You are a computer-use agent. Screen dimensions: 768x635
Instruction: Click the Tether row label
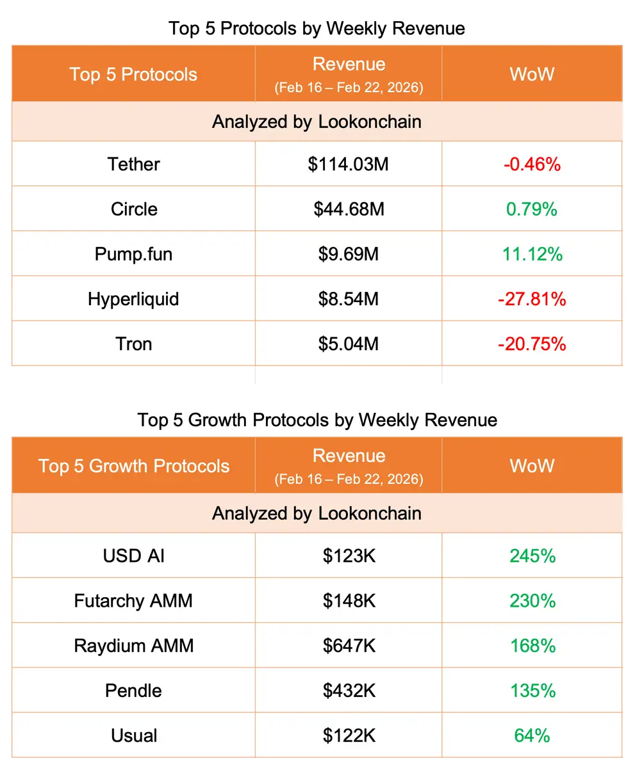pyautogui.click(x=133, y=164)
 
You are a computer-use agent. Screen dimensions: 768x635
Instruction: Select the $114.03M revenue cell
pyautogui.click(x=348, y=164)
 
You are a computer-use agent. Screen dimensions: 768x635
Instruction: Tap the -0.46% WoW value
pyautogui.click(x=532, y=164)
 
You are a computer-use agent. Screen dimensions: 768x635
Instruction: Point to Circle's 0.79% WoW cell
pyautogui.click(x=532, y=209)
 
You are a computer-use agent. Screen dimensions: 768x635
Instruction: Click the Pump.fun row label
pyautogui.click(x=133, y=254)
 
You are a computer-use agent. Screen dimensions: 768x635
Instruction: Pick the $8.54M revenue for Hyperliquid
pyautogui.click(x=348, y=299)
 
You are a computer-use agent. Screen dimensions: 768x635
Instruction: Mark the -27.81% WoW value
pyautogui.click(x=532, y=299)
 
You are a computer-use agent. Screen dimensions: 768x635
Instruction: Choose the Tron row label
pyautogui.click(x=133, y=344)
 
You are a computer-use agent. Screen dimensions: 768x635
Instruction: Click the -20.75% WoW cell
pyautogui.click(x=532, y=344)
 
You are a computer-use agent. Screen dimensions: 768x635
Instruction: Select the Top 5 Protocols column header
pyautogui.click(x=133, y=74)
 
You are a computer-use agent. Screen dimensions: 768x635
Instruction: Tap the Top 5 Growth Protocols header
pyautogui.click(x=133, y=465)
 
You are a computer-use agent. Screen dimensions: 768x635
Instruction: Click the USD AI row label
pyautogui.click(x=133, y=556)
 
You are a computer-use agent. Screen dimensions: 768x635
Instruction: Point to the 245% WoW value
pyautogui.click(x=532, y=556)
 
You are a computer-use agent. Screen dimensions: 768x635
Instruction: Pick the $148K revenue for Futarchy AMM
pyautogui.click(x=348, y=601)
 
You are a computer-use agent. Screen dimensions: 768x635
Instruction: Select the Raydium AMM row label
pyautogui.click(x=133, y=646)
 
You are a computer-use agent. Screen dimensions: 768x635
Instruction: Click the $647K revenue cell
pyautogui.click(x=348, y=646)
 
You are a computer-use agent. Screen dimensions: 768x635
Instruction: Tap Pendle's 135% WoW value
pyautogui.click(x=532, y=691)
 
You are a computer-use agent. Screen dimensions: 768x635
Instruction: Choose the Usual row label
pyautogui.click(x=133, y=735)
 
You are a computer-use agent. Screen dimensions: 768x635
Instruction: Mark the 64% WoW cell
pyautogui.click(x=532, y=735)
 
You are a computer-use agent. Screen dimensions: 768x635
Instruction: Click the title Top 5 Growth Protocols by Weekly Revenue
pyautogui.click(x=317, y=420)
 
